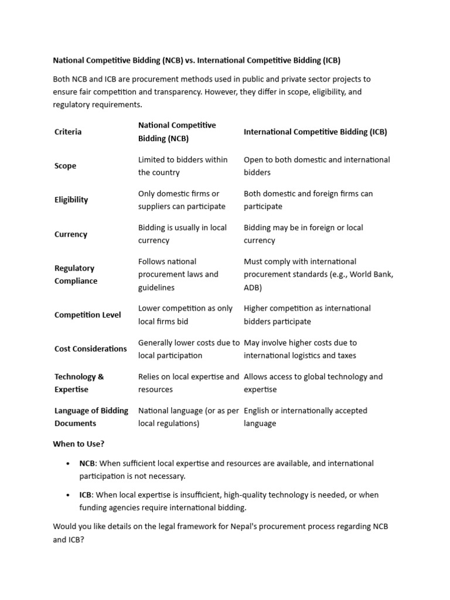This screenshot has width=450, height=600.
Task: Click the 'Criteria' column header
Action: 68,132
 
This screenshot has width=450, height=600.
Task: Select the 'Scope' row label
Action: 65,166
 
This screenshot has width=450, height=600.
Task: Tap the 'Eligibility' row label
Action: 71,200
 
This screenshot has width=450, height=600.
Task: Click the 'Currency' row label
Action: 70,234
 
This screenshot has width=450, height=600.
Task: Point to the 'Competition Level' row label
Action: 87,315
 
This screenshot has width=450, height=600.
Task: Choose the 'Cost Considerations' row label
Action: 90,349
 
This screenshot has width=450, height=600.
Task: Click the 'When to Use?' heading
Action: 79,444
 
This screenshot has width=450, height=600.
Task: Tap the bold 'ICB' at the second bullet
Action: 86,495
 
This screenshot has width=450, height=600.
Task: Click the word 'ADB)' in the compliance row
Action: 253,288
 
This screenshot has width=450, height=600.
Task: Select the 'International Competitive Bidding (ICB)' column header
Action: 315,132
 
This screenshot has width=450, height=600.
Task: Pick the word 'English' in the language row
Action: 258,411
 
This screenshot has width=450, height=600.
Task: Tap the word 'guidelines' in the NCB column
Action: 156,288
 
